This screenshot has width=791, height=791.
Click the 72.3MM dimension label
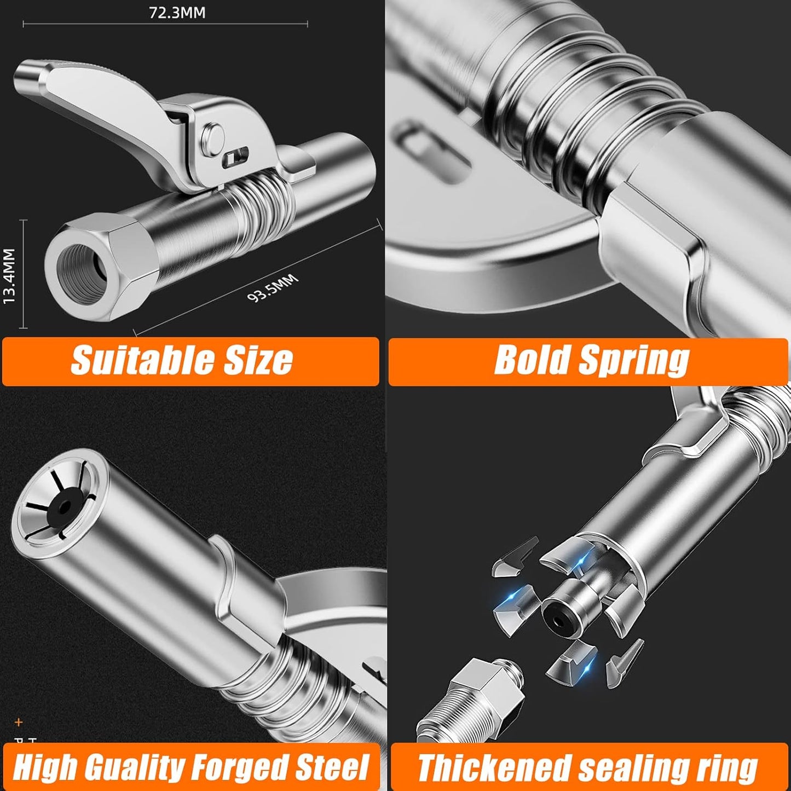177,13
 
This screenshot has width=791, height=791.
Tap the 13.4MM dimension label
9,275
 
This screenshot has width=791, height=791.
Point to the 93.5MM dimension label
273,288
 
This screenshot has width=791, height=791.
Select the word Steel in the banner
332,767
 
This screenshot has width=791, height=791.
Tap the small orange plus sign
19,722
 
